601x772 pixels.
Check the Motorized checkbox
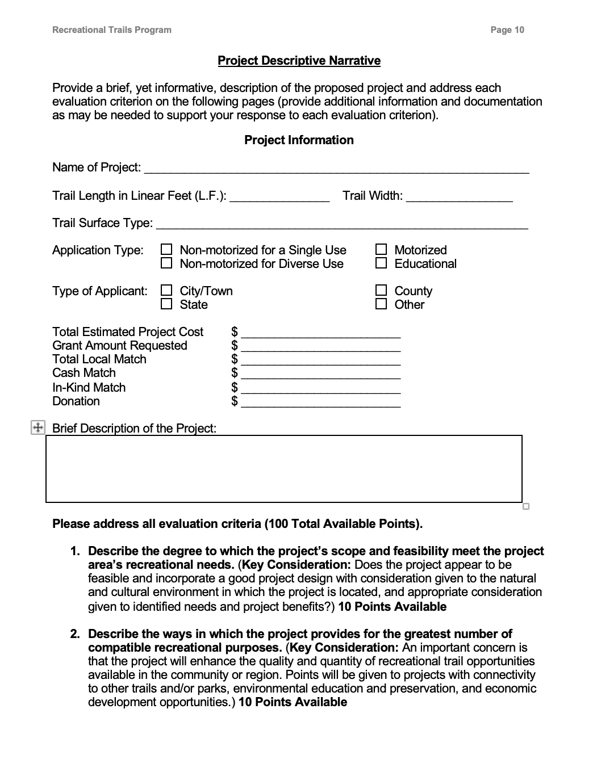coord(381,250)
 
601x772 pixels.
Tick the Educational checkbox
coord(381,263)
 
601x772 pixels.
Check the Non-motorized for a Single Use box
coord(166,250)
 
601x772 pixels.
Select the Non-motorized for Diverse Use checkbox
coord(166,263)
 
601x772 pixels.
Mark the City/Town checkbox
coord(166,291)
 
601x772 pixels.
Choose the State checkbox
coord(166,304)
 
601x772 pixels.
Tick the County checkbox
coord(381,291)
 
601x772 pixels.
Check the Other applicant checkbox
coord(381,304)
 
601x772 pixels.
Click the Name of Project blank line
coord(336,169)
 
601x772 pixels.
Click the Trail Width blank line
coord(459,197)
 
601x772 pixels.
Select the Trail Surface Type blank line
coord(341,224)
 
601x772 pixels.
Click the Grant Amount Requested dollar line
coord(321,347)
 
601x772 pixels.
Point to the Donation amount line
coord(321,402)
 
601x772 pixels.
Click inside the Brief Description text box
coord(283,469)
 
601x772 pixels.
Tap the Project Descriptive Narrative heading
coord(299,61)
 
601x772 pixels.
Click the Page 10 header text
coord(507,30)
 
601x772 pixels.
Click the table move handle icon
coord(37,427)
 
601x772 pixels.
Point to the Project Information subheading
coord(299,140)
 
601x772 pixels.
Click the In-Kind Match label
coord(89,388)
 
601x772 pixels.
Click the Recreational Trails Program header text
coord(111,30)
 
